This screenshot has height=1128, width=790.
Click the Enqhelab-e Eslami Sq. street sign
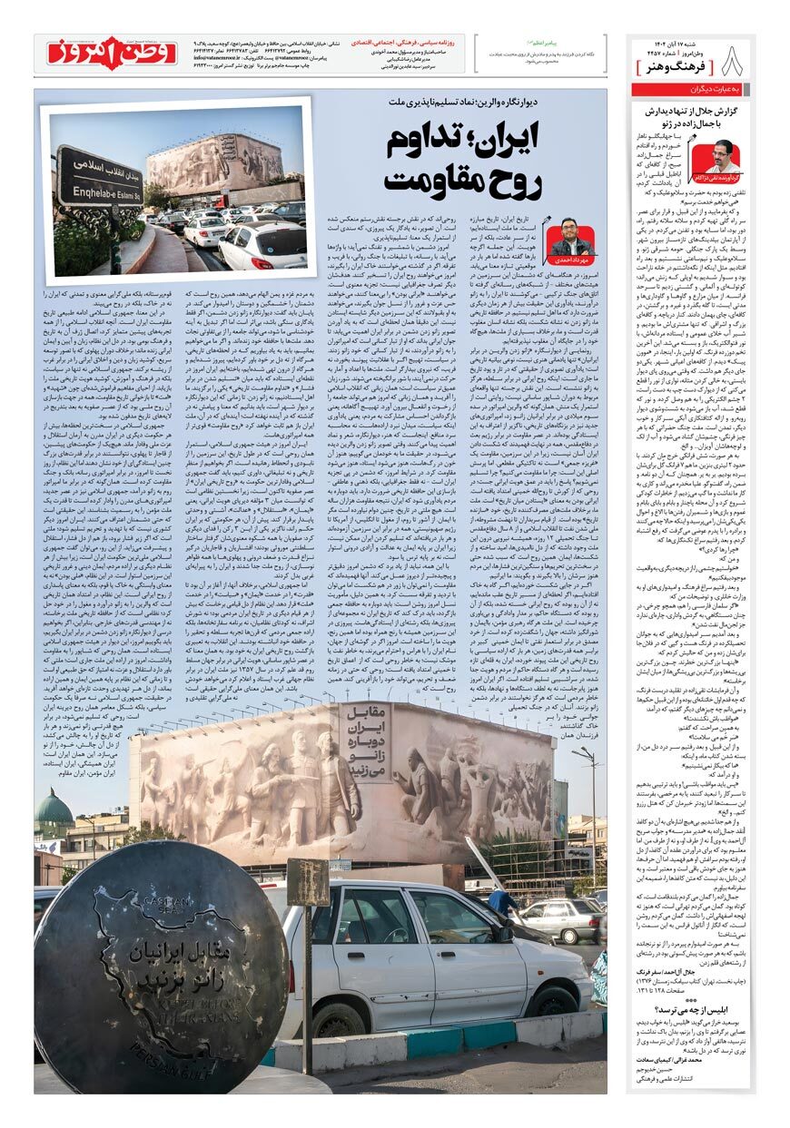100,175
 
